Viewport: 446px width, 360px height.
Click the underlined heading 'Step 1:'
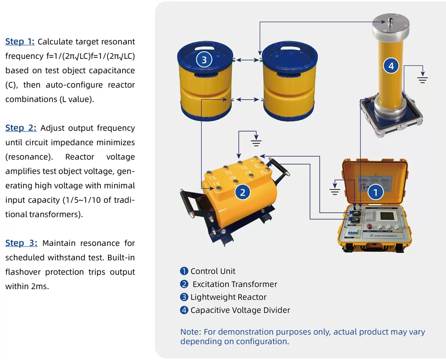pos(20,42)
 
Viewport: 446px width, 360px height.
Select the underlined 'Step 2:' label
pos(21,128)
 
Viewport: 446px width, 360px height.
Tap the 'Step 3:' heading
pos(21,243)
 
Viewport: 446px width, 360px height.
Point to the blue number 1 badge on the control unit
pos(375,192)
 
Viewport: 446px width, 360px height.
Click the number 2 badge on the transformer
pos(243,192)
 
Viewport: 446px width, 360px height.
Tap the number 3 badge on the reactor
pos(204,60)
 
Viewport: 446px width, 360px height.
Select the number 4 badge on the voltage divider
pos(391,66)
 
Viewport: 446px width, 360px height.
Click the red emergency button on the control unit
pos(369,225)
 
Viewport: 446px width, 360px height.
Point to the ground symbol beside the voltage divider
pos(422,80)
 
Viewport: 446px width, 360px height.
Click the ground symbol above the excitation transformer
pos(256,143)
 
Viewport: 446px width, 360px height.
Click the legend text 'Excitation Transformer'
pos(235,284)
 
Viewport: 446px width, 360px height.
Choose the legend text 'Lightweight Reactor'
pos(228,297)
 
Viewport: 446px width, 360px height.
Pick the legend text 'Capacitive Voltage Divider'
pos(240,310)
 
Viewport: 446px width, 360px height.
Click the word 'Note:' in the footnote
pos(190,332)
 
